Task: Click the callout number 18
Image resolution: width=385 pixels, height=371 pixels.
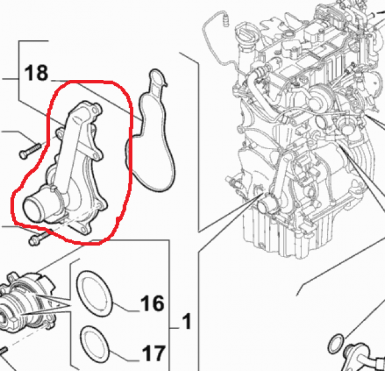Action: click(x=37, y=72)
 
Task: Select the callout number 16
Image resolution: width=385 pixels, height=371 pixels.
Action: click(x=152, y=303)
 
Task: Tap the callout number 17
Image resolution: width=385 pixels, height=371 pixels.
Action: click(x=154, y=353)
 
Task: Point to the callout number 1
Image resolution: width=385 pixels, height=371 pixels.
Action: click(x=187, y=321)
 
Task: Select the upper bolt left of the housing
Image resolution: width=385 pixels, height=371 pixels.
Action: click(x=30, y=150)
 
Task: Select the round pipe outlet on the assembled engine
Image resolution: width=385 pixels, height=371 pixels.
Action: click(x=264, y=205)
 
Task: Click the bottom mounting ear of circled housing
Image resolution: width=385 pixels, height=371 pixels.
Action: click(x=83, y=229)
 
